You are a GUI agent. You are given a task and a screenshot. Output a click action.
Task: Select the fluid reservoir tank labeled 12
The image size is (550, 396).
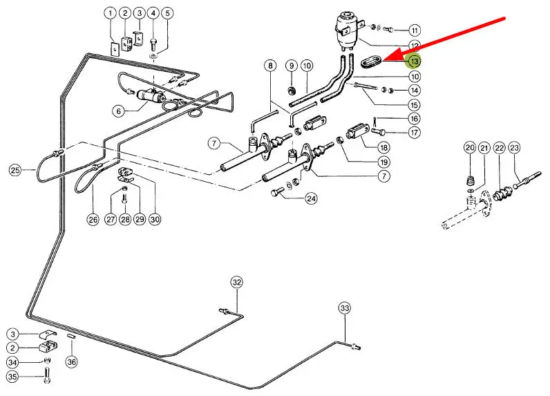click(349, 28)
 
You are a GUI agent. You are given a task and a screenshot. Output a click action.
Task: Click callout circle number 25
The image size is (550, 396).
click(15, 169)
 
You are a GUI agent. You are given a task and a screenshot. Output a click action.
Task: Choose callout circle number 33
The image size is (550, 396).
click(345, 308)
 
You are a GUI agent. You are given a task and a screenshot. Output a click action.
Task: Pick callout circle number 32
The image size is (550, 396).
click(237, 282)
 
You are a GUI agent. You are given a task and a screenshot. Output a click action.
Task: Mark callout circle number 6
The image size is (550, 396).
click(119, 110)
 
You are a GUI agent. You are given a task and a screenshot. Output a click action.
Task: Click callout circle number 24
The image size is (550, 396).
click(312, 199)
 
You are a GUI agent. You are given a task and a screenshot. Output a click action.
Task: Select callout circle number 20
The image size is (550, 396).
click(470, 148)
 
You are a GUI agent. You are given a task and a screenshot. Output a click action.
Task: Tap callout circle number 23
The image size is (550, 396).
click(514, 148)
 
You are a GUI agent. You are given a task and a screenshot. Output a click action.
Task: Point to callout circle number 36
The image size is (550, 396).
click(70, 361)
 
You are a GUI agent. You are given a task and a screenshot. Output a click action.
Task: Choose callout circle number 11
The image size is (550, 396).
click(414, 30)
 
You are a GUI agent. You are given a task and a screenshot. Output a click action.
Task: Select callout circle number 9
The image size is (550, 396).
click(292, 66)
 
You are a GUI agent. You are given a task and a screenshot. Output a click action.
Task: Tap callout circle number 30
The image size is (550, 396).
click(155, 219)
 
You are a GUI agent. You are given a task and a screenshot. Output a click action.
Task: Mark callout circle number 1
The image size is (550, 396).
click(111, 13)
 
